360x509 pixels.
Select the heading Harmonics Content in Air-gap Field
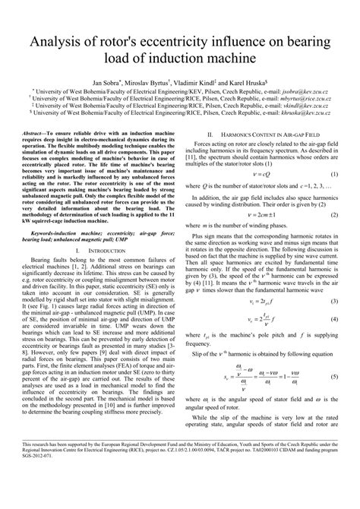[263, 131]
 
